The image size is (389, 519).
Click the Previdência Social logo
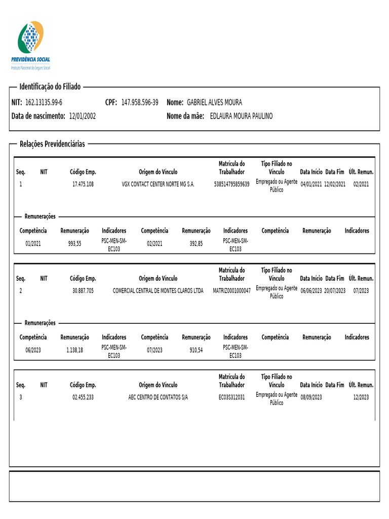coord(30,45)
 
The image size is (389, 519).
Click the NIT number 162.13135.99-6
coord(44,102)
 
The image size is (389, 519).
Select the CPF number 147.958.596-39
coord(140,102)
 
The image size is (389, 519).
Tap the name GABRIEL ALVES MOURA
coord(214,102)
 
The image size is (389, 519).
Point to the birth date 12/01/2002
coord(82,116)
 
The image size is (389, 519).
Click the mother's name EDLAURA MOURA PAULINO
coord(241,116)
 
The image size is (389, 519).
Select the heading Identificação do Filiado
coord(50,87)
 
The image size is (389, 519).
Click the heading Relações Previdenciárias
coord(52,144)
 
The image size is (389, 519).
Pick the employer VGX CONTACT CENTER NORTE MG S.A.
coord(158,184)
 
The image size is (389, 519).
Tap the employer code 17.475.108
coord(83,184)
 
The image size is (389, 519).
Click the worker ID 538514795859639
coord(232,184)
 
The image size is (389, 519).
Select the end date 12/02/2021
coord(335,184)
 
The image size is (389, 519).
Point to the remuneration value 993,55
coord(74,243)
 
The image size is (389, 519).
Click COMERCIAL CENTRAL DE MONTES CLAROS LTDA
coord(158,291)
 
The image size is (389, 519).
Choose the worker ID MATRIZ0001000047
coord(232,291)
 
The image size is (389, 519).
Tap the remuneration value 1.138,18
coord(74,350)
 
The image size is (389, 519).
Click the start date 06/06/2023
coord(311,291)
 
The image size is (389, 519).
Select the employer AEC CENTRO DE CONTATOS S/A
coord(158,397)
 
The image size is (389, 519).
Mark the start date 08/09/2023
coord(311,397)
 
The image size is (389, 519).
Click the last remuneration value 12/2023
coord(361,397)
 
